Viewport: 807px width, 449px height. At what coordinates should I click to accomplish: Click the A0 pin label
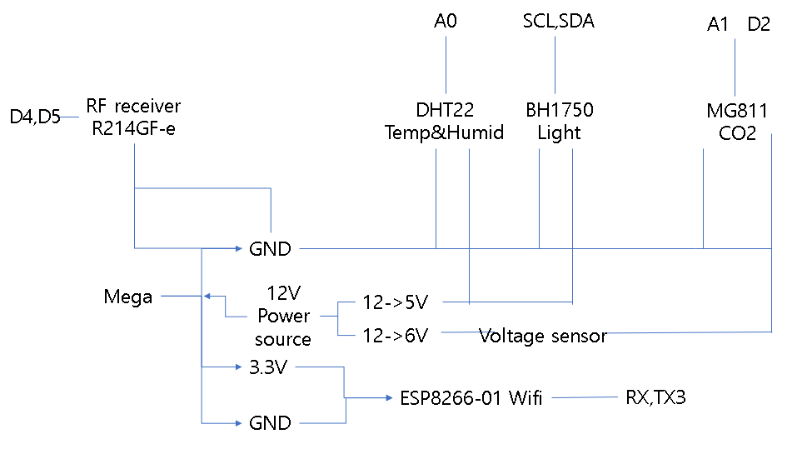coord(446,21)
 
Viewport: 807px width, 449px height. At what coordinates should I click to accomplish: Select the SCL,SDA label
coord(558,21)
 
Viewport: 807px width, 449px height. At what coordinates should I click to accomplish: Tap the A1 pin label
coord(718,25)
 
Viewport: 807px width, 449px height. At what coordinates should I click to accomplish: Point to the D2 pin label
coord(759,25)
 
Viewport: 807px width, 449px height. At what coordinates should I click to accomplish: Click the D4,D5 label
coord(34,117)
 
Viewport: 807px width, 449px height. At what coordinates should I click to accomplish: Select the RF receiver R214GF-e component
coord(133,118)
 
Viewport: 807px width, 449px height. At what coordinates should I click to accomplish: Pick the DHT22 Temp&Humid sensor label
coord(444,122)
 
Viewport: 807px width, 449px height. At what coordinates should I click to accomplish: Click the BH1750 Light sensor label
coord(559,122)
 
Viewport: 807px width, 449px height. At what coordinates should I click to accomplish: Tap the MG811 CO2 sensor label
coord(737,122)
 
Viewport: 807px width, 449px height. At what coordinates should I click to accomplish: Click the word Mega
coord(127,297)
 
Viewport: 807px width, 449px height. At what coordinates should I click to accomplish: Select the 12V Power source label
coord(283,317)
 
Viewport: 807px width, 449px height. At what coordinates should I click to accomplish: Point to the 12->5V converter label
coord(395,302)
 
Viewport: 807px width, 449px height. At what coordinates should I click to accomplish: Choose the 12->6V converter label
coord(395,336)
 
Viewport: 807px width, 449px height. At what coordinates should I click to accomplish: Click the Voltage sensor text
coord(542,337)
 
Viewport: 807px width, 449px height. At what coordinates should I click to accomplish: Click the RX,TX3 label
coord(655,398)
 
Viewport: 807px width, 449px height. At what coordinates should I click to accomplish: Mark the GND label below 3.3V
coord(270,423)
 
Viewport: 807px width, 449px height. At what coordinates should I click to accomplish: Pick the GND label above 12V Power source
coord(270,248)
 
